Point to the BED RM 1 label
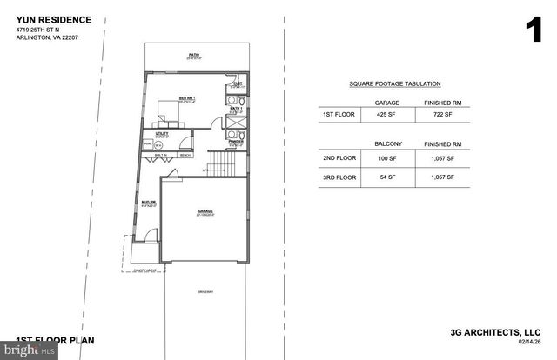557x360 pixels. point(187,98)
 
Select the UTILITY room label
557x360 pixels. point(162,135)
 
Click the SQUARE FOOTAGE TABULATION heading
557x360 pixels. point(394,84)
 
